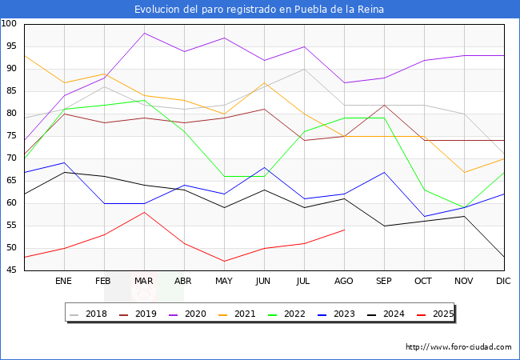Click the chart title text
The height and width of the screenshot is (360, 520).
(x=259, y=9)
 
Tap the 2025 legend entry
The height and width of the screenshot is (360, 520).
(x=439, y=314)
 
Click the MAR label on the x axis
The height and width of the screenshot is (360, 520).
(x=144, y=282)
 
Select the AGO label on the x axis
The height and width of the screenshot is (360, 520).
(x=344, y=282)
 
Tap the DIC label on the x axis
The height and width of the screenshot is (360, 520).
(x=503, y=282)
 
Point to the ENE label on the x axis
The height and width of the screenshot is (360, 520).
(x=64, y=282)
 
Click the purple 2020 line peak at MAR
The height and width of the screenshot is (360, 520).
(x=144, y=33)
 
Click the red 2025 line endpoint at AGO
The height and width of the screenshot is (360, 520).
(x=344, y=230)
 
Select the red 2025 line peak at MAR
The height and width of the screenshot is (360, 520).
(x=144, y=212)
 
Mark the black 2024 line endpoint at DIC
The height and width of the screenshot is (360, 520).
(x=503, y=257)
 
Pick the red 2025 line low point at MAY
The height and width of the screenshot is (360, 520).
(x=224, y=261)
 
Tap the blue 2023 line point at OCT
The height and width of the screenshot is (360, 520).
(x=424, y=216)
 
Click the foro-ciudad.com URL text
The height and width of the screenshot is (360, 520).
(x=458, y=347)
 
